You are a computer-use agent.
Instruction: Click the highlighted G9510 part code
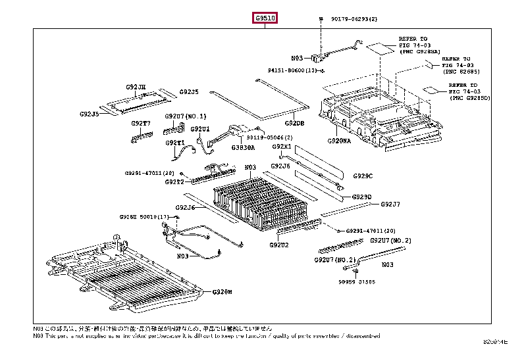coord(266,18)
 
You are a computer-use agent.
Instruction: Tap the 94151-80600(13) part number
coord(294,70)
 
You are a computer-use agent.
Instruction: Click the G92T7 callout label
coord(140,123)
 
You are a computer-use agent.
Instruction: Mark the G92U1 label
coord(200,129)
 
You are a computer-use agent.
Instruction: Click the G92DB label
coord(295,123)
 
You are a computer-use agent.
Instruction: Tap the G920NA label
coord(340,141)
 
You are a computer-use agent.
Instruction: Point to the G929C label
coord(363,176)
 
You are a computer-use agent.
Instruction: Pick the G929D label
coord(361,197)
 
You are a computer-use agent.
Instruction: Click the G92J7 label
coord(390,204)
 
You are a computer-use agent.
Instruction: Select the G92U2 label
coord(278,245)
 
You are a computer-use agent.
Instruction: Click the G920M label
coord(222,291)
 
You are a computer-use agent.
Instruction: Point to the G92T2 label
coord(174,182)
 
